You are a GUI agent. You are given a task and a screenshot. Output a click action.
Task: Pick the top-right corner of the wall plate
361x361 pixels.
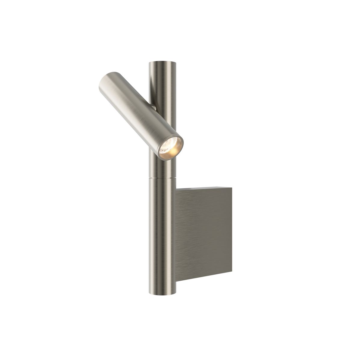click(232, 187)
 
